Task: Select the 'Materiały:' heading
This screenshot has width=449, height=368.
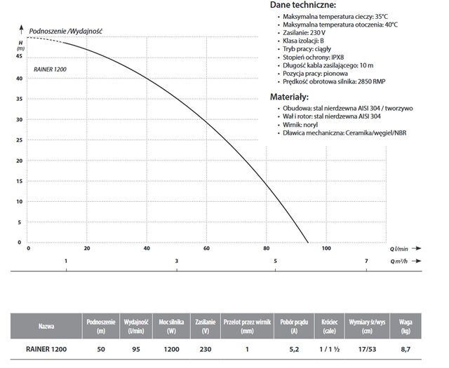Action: [x=292, y=97]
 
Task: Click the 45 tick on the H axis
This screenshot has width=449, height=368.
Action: [x=20, y=57]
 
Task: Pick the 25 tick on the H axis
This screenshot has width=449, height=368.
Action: [x=20, y=139]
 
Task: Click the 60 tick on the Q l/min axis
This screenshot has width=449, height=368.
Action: [x=206, y=249]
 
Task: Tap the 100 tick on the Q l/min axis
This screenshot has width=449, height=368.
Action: [x=326, y=249]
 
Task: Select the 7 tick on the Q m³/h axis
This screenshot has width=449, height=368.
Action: [x=366, y=261]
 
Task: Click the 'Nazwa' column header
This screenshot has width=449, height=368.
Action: [x=47, y=325]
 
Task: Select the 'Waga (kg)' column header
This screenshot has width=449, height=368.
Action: [x=406, y=325]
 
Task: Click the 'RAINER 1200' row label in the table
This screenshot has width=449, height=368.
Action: [x=47, y=348]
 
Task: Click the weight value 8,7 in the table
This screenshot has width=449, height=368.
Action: [x=406, y=348]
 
